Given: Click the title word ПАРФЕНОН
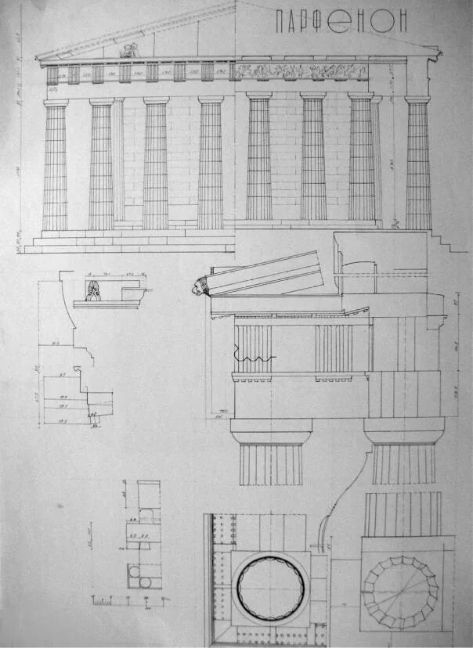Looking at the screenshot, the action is tap(342, 22).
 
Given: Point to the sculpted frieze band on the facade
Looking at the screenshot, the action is tap(298, 71).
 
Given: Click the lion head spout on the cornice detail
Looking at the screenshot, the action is tap(199, 287).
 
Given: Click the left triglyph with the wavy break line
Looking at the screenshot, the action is tap(253, 348).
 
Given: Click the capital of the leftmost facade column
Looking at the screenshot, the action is tap(56, 103).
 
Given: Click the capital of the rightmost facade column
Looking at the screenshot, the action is tap(417, 99).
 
